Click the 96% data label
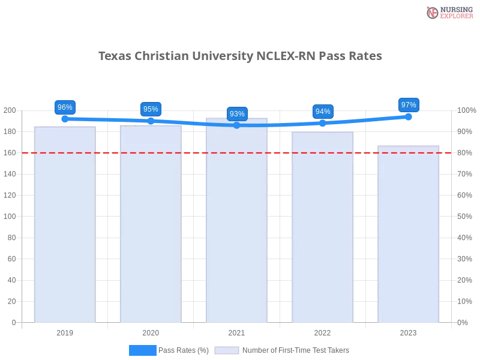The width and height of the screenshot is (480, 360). [x=64, y=107]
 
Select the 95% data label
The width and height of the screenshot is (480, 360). [x=151, y=109]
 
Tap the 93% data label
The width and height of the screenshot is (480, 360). [x=237, y=114]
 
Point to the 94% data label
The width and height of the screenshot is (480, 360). [x=323, y=112]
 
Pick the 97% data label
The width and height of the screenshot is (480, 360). [x=409, y=105]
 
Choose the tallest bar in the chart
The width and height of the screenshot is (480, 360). [x=237, y=222]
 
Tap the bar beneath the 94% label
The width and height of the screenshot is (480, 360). [x=323, y=228]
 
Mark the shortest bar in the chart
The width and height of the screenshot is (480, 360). [x=409, y=234]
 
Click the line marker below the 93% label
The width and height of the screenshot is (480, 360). [x=237, y=125]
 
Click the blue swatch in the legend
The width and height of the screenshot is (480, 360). [x=143, y=350]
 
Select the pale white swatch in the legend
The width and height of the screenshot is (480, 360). [x=227, y=350]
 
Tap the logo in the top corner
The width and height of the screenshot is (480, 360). [x=448, y=12]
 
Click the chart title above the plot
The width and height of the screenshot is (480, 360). [x=240, y=56]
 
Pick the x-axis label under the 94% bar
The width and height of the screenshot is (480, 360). [x=323, y=331]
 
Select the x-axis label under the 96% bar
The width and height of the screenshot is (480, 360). [x=65, y=331]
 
